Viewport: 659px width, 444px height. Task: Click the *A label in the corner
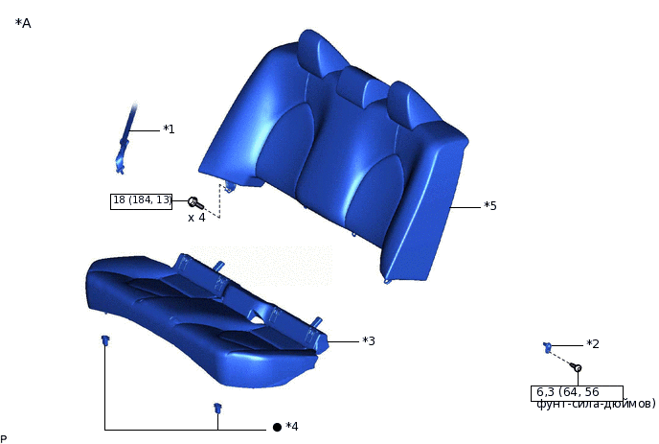(23, 23)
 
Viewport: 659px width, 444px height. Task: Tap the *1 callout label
(169, 129)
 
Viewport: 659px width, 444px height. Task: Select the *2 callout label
(593, 344)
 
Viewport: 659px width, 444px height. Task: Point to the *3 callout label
(369, 340)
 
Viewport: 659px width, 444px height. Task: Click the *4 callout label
(292, 427)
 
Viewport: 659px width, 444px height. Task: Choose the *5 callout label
(490, 206)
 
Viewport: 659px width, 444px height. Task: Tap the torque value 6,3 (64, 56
(568, 392)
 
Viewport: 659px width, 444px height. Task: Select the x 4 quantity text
(196, 218)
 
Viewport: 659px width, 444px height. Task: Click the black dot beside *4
(277, 427)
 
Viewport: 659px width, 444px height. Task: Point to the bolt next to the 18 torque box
(195, 203)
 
